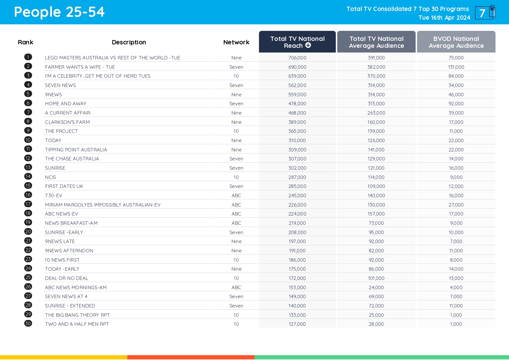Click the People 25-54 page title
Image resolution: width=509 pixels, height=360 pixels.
pyautogui.click(x=59, y=12)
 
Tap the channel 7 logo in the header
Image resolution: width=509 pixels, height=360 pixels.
pyautogui.click(x=485, y=13)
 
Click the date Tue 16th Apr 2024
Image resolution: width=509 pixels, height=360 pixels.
pyautogui.click(x=444, y=18)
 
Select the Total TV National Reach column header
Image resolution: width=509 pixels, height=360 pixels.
pyautogui.click(x=297, y=42)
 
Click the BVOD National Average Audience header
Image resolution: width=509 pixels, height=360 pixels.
pyautogui.click(x=456, y=42)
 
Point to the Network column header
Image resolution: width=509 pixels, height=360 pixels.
pyautogui.click(x=236, y=42)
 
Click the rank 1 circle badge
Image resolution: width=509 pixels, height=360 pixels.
pyautogui.click(x=28, y=57)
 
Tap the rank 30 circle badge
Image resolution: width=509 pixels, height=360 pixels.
pyautogui.click(x=28, y=323)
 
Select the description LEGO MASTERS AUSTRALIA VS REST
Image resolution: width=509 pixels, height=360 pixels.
pyautogui.click(x=112, y=58)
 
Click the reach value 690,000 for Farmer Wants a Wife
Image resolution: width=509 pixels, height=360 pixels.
pyautogui.click(x=297, y=67)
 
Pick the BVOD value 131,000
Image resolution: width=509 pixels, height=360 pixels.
pyautogui.click(x=456, y=67)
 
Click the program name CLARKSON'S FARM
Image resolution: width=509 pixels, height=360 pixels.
pyautogui.click(x=67, y=122)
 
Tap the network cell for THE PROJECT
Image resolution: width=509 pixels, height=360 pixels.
pyautogui.click(x=236, y=131)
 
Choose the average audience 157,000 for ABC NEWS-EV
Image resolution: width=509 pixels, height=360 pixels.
pyautogui.click(x=376, y=214)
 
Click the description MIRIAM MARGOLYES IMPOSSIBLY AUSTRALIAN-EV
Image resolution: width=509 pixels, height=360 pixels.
pyautogui.click(x=103, y=205)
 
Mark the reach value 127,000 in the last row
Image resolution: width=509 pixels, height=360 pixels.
pyautogui.click(x=297, y=324)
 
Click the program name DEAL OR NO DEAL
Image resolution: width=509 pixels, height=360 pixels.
pyautogui.click(x=66, y=278)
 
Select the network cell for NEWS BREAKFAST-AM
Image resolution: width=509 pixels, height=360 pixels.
pyautogui.click(x=236, y=223)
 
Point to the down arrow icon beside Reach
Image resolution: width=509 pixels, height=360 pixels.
pyautogui.click(x=308, y=45)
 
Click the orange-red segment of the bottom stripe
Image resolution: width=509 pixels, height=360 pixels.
pyautogui.click(x=191, y=357)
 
